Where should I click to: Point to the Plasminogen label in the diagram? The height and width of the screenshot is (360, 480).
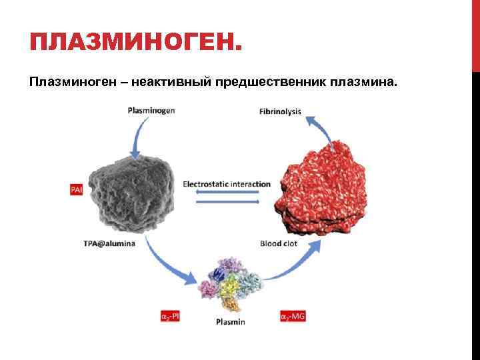coord(151,111)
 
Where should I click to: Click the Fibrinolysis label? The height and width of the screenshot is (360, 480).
coord(280,111)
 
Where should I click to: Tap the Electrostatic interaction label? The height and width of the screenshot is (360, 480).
coord(227,184)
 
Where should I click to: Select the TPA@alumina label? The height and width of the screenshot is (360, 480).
coord(109,243)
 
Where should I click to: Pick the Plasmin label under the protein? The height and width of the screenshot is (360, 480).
coord(231,322)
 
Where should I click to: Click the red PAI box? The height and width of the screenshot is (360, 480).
coord(77,189)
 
